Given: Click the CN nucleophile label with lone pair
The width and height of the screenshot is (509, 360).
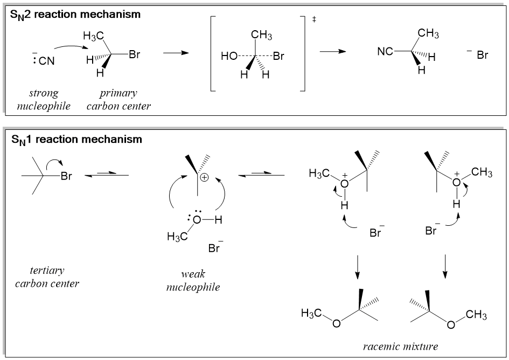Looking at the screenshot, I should tap(43, 60).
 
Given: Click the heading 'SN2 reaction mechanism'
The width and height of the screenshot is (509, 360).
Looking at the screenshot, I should tap(75, 15).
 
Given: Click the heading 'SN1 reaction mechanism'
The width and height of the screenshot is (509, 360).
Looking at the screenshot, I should tap(76, 140).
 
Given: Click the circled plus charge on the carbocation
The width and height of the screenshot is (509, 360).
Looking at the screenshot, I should tap(205, 176).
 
